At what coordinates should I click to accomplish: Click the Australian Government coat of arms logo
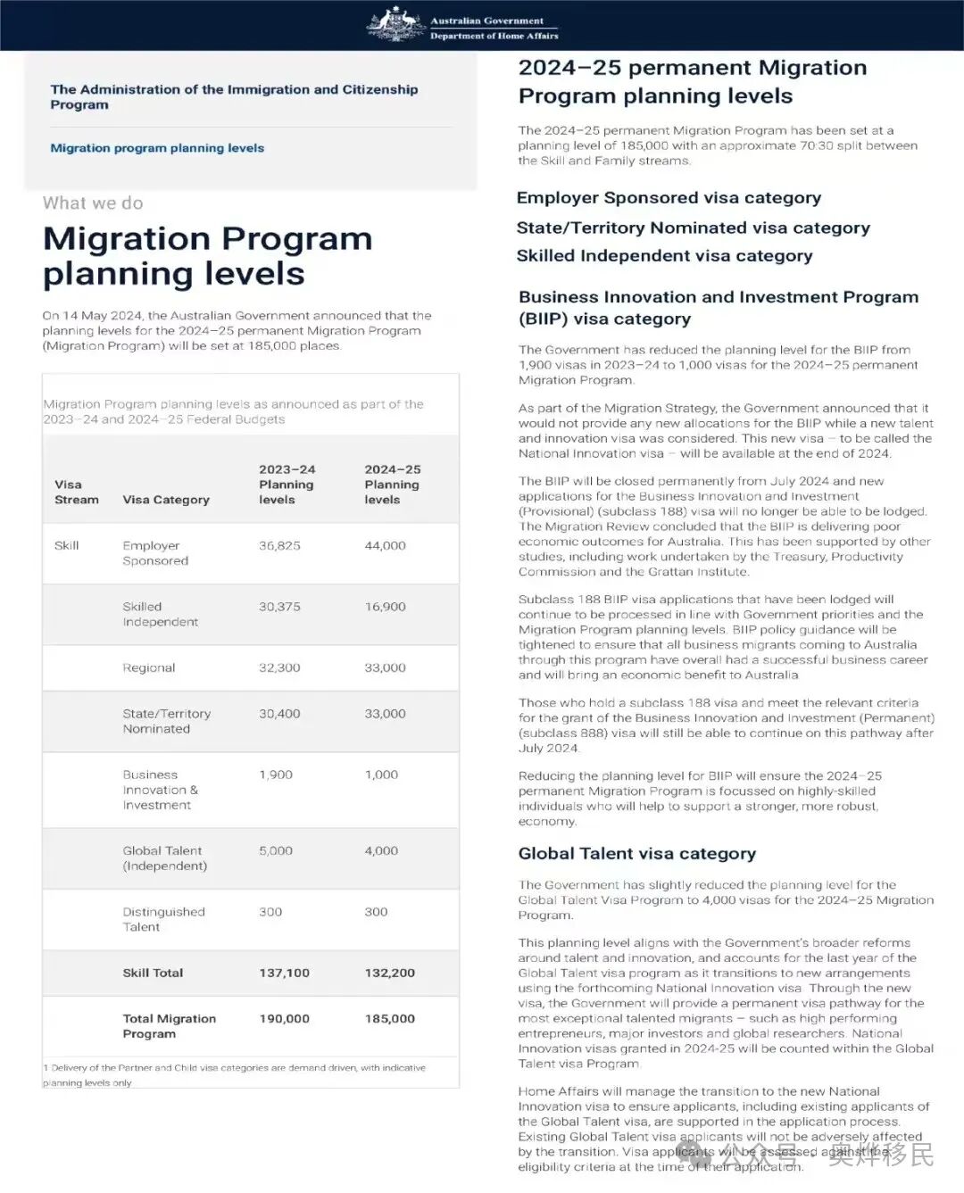coord(395,24)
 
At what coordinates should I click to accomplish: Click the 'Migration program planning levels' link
coord(157,148)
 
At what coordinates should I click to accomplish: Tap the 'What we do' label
coord(93,203)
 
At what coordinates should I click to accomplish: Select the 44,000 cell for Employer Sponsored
coord(385,545)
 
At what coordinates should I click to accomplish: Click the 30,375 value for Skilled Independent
coord(279,607)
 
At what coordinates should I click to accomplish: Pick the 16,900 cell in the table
coord(385,607)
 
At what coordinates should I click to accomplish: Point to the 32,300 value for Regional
coord(279,667)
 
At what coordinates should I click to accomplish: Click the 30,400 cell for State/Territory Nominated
coord(279,714)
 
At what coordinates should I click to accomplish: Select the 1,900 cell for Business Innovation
coord(276,775)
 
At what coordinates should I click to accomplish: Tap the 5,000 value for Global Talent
coord(276,851)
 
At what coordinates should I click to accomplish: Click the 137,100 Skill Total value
coord(284,973)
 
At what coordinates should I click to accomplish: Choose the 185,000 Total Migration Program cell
coord(389,1018)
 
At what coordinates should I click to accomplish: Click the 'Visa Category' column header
coord(166,500)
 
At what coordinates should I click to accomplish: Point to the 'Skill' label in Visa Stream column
coord(67,545)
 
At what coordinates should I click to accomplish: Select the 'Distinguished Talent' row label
coord(163,919)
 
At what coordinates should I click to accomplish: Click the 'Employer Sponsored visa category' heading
coord(669,198)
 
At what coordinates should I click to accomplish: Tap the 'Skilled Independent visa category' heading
coord(664,256)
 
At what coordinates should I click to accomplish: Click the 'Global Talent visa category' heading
coord(636,854)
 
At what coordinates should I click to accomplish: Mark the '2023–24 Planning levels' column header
coord(287,485)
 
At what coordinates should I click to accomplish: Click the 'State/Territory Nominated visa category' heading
coord(693,228)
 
